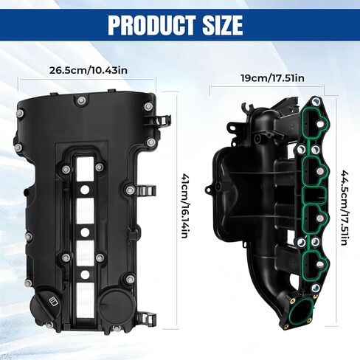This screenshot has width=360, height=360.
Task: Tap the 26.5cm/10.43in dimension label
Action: point(89,70)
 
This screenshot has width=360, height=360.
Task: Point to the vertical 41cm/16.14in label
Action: point(184,205)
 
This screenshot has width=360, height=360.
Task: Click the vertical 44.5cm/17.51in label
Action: point(345,207)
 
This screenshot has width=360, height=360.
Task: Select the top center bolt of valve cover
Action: point(80,100)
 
